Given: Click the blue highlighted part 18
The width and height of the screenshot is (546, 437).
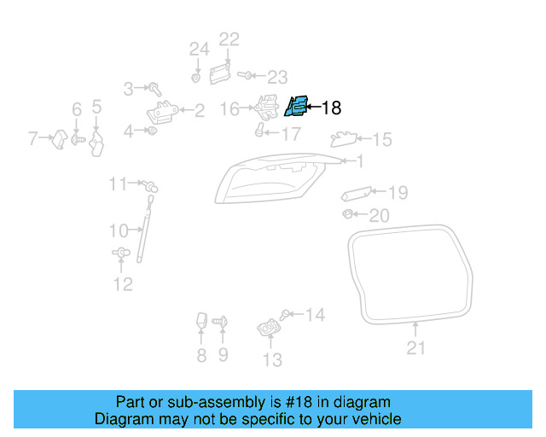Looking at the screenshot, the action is point(296,107).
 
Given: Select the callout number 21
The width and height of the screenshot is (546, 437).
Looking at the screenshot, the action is point(415,347).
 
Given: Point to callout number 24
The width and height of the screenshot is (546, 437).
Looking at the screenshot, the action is point(199,50).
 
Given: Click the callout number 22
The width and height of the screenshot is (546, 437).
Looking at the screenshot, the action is point(229,39).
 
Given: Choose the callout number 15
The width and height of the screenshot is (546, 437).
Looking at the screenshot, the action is point(381,139).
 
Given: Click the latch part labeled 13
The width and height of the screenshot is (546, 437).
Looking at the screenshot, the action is point(268,328).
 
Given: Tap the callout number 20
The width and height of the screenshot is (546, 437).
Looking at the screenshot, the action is point(378,215).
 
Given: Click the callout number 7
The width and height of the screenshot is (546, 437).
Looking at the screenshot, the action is point(34,137).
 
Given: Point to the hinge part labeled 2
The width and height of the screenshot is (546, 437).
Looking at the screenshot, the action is point(162,112).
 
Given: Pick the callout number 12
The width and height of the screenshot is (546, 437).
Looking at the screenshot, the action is point(123,284).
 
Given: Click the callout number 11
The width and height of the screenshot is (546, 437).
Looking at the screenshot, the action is point(118,184).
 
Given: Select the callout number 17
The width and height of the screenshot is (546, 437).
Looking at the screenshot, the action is point(290,134).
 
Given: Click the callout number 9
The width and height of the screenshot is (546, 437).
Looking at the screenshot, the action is point(223,355).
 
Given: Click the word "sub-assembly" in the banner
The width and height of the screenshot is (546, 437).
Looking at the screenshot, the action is point(181,402).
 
